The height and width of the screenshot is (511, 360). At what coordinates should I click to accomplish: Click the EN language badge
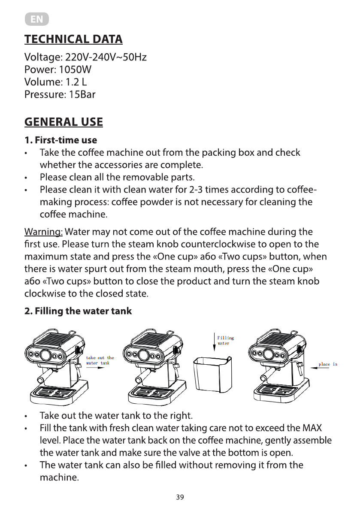pyautogui.click(x=36, y=20)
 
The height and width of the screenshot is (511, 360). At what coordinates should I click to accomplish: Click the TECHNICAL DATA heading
pyautogui.click(x=73, y=39)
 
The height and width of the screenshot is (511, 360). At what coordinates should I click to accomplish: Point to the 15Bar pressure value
pyautogui.click(x=82, y=94)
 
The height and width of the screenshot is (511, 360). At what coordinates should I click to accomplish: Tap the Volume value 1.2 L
pyautogui.click(x=75, y=82)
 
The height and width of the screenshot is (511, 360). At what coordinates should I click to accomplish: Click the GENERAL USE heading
pyautogui.click(x=64, y=122)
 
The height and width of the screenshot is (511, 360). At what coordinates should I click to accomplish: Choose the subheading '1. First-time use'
pyautogui.click(x=61, y=140)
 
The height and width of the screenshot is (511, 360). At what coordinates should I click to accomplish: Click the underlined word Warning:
pyautogui.click(x=43, y=233)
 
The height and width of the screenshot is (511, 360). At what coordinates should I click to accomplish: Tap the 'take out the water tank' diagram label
pyautogui.click(x=100, y=360)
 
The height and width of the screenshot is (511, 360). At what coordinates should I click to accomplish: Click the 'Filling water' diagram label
pyautogui.click(x=225, y=341)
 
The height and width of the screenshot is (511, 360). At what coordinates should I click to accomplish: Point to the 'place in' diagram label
pyautogui.click(x=327, y=364)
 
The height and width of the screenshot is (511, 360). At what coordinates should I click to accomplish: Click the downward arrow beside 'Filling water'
pyautogui.click(x=214, y=341)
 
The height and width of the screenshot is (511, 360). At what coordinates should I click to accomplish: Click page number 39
pyautogui.click(x=180, y=497)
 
